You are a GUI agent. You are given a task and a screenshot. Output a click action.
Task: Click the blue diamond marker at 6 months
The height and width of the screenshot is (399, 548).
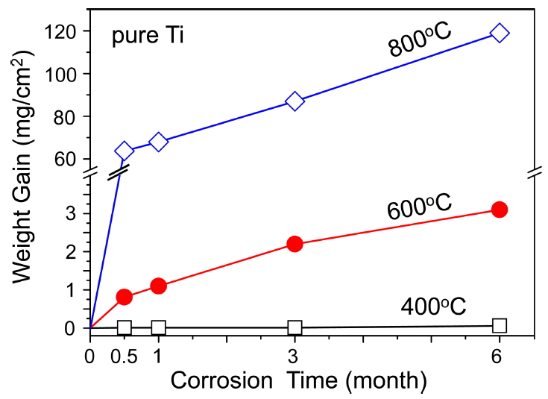click(x=500, y=33)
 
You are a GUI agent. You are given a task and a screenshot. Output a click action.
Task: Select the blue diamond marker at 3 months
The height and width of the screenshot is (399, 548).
click(x=295, y=101)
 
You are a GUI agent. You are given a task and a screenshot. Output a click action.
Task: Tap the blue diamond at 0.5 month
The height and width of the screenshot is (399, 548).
click(x=124, y=151)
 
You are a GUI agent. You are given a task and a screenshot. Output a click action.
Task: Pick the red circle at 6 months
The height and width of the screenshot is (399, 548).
click(x=500, y=210)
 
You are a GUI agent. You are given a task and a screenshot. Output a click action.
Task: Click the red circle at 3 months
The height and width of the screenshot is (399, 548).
click(x=295, y=244)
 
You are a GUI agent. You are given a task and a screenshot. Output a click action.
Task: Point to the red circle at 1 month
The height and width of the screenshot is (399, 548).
click(x=158, y=286)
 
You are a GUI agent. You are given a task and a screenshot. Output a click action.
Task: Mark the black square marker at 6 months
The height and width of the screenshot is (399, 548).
click(x=500, y=325)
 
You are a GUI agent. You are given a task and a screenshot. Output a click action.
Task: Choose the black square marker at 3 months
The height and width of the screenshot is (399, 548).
click(x=295, y=327)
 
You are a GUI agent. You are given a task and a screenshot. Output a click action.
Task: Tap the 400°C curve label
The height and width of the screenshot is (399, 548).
click(x=433, y=307)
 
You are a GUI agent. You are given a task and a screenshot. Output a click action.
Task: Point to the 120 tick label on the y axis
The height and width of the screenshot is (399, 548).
click(x=63, y=32)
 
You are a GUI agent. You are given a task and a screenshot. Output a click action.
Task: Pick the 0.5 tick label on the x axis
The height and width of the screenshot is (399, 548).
click(x=124, y=356)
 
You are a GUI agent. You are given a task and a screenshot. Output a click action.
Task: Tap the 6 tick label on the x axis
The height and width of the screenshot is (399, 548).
click(x=500, y=356)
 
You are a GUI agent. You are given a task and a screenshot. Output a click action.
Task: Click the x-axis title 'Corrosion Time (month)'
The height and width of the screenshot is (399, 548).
click(x=298, y=381)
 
